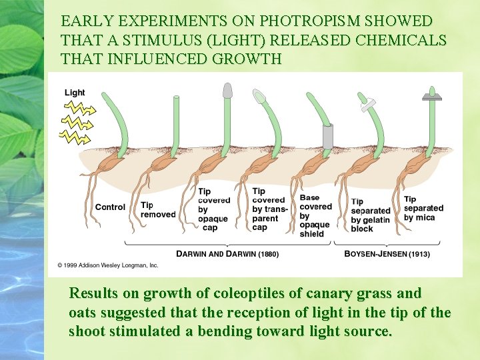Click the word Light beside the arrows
[x=75, y=93]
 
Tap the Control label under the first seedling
[x=110, y=207]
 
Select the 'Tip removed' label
[x=158, y=210]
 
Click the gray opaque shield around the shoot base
[x=327, y=136]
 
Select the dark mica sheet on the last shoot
[x=432, y=97]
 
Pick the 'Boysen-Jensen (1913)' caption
[x=387, y=254]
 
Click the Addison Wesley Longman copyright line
[x=107, y=265]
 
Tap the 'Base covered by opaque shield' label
[x=316, y=216]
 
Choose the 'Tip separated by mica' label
[x=423, y=208]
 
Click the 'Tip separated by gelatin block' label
[x=371, y=215]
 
